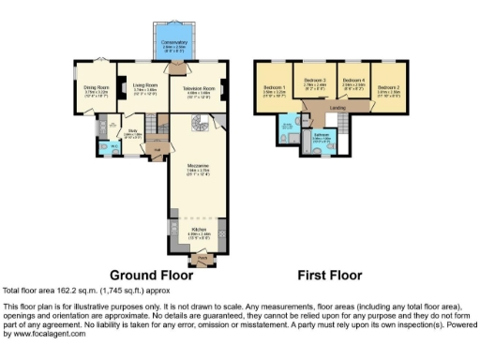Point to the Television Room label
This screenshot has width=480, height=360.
195,90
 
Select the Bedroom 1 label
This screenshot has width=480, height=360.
275,90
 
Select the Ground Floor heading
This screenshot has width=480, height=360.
152,276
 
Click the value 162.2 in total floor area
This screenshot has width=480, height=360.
60,291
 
